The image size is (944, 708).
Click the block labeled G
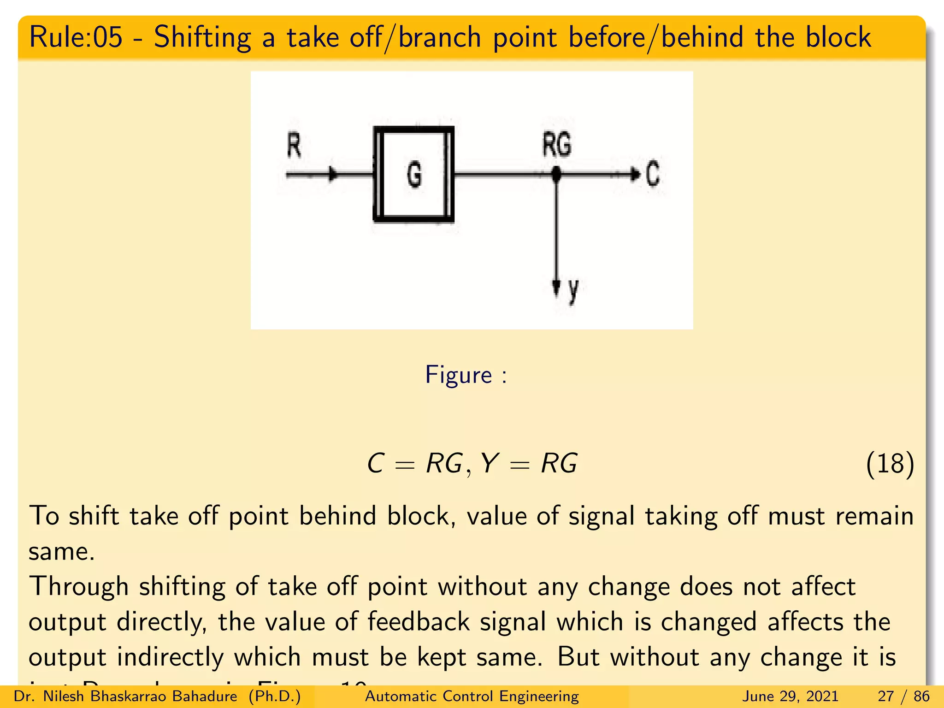[413, 174]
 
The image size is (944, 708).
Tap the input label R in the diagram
[294, 145]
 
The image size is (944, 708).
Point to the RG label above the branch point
[556, 144]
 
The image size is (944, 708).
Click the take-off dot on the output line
[556, 174]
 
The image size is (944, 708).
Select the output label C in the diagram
[652, 174]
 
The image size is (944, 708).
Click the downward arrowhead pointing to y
[556, 287]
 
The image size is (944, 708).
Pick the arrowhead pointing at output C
[635, 174]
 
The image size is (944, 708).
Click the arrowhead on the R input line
[332, 174]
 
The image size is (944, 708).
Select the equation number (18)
[890, 464]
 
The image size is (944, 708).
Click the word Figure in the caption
[458, 375]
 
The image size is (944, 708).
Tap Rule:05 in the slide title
[76, 37]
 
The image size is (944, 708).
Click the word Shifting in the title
[202, 37]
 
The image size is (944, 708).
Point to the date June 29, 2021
[790, 696]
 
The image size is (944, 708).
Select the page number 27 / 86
[903, 696]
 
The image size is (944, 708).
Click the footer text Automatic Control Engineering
[472, 696]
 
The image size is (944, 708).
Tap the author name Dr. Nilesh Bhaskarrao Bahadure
[125, 696]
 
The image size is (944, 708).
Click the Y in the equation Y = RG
[489, 463]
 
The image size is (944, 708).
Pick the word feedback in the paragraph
[418, 622]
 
